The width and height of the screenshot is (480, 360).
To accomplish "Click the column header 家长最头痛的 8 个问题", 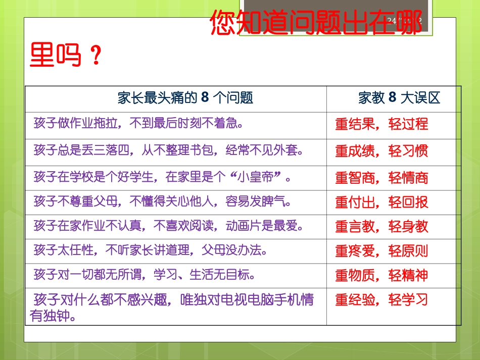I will pyautogui.click(x=185, y=97).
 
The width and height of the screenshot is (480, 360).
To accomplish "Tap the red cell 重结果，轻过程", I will pyautogui.click(x=381, y=124).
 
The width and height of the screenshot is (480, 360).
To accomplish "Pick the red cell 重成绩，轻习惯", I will pyautogui.click(x=381, y=151).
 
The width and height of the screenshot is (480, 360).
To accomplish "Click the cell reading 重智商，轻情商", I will pyautogui.click(x=381, y=178).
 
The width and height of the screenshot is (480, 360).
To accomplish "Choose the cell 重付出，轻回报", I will pyautogui.click(x=381, y=202).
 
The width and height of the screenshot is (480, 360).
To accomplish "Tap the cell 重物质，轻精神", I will pyautogui.click(x=381, y=275).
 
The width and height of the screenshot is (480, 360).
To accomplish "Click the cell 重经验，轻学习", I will pyautogui.click(x=381, y=300).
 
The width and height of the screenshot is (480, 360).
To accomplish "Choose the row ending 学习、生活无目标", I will pyautogui.click(x=144, y=275).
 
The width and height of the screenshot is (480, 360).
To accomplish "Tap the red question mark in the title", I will pyautogui.click(x=95, y=56).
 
